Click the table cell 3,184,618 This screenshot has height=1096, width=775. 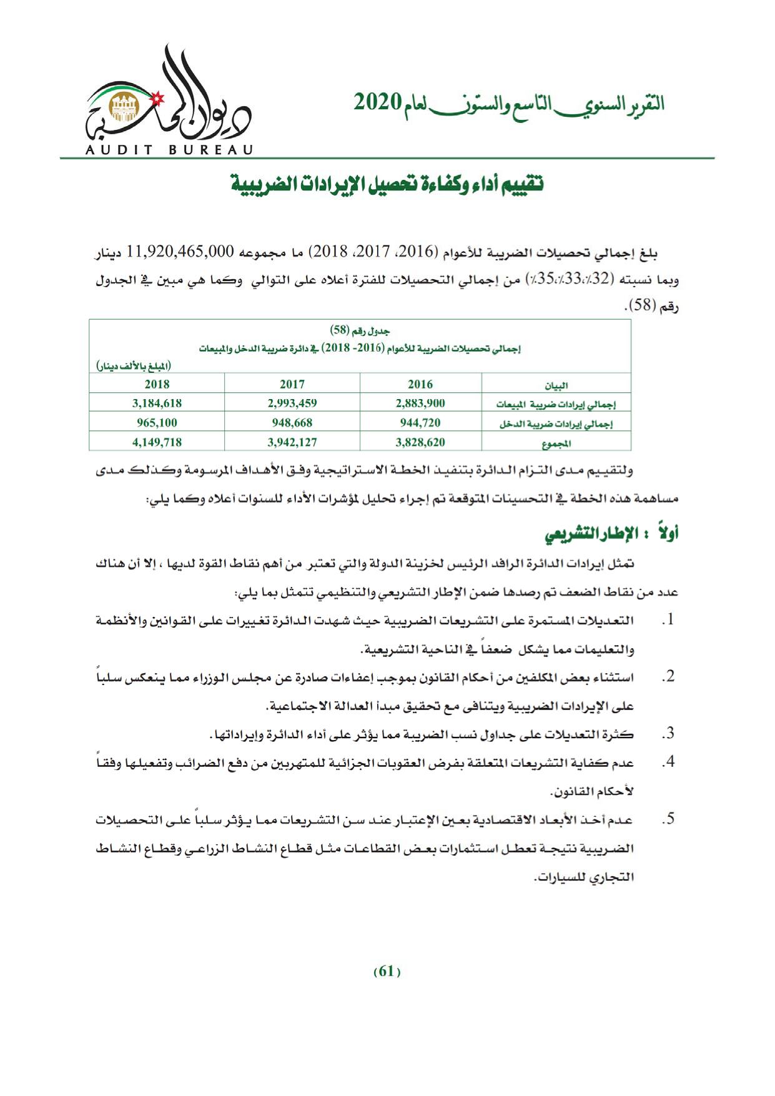pyautogui.click(x=157, y=403)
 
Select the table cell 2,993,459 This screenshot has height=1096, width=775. pyautogui.click(x=292, y=403)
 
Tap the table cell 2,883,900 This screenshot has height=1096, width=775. pyautogui.click(x=420, y=403)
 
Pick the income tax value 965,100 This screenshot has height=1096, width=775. pyautogui.click(x=157, y=423)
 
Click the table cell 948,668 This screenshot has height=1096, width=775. pyautogui.click(x=292, y=423)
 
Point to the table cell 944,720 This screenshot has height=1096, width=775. pyautogui.click(x=420, y=423)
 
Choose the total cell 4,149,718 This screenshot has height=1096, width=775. pyautogui.click(x=157, y=442)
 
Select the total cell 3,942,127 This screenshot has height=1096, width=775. pyautogui.click(x=292, y=442)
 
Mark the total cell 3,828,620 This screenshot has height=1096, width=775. pyautogui.click(x=420, y=442)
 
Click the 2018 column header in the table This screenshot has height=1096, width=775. pyautogui.click(x=157, y=384)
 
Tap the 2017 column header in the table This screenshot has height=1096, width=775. pyautogui.click(x=292, y=384)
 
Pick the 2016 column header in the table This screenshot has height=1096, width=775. pyautogui.click(x=420, y=384)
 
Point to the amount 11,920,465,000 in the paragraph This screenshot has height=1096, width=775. pyautogui.click(x=180, y=252)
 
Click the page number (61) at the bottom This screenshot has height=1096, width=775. pyautogui.click(x=387, y=972)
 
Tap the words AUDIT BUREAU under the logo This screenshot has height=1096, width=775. pyautogui.click(x=169, y=150)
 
